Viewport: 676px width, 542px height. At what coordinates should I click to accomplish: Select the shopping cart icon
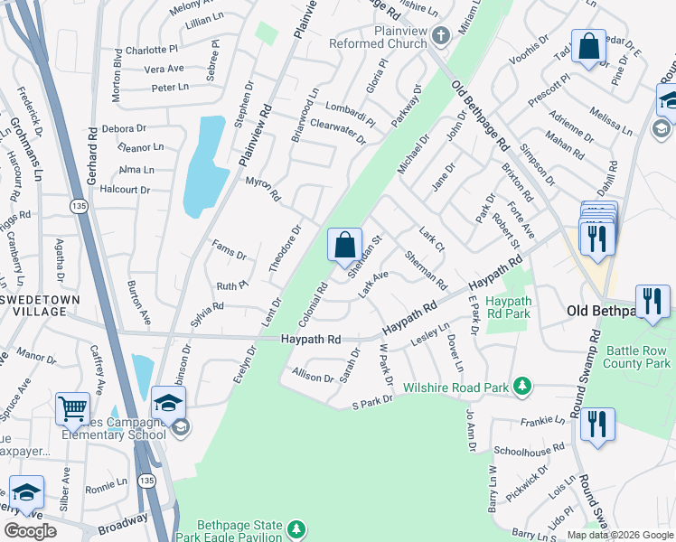pyautogui.click(x=72, y=408)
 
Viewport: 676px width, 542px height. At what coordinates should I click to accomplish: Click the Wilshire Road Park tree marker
pyautogui.click(x=521, y=387)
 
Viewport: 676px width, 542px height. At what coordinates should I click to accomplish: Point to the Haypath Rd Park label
pyautogui.click(x=508, y=307)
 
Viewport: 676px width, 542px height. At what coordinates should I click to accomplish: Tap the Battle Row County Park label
pyautogui.click(x=637, y=356)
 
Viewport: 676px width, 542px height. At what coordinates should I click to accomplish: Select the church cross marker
pyautogui.click(x=440, y=36)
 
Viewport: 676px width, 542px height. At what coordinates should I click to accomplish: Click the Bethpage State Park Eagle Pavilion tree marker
pyautogui.click(x=296, y=528)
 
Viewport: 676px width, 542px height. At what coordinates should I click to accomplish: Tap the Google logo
pyautogui.click(x=30, y=531)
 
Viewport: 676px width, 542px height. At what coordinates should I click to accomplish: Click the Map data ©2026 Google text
pyautogui.click(x=620, y=535)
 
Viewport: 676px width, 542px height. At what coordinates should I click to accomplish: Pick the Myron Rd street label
pyautogui.click(x=263, y=190)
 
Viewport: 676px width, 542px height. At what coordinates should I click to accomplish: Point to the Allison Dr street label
pyautogui.click(x=313, y=375)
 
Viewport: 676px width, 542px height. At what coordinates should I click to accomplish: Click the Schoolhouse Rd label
pyautogui.click(x=530, y=448)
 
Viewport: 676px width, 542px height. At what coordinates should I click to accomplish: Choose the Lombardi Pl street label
pyautogui.click(x=350, y=112)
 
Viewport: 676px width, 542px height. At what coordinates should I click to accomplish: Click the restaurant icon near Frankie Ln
pyautogui.click(x=597, y=425)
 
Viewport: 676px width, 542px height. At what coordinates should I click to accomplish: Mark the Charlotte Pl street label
pyautogui.click(x=153, y=50)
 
